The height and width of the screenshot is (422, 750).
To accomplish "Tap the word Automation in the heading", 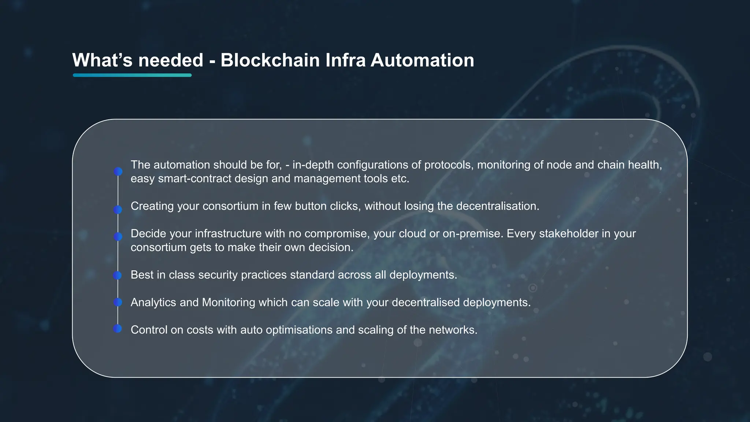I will [422, 60].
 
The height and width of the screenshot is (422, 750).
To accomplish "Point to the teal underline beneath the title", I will [132, 75].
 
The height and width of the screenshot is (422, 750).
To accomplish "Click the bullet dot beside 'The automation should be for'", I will [118, 171].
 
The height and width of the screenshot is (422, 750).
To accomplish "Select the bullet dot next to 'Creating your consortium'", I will [118, 210].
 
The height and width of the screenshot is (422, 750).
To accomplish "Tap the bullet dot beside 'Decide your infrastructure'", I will [118, 237].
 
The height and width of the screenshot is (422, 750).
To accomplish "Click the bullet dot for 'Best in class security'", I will [117, 275].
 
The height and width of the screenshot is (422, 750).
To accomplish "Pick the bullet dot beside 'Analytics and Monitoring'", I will [118, 302].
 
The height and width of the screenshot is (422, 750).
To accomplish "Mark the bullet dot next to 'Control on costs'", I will [117, 329].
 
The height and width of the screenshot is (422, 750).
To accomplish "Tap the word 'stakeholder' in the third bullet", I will [569, 234].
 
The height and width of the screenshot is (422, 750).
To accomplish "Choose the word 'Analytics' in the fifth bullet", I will [153, 302].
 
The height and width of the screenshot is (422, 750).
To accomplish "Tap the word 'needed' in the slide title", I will [171, 60].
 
